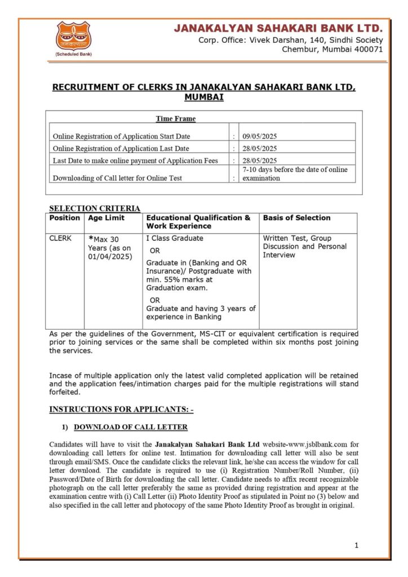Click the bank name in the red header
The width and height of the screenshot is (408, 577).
(x=278, y=28)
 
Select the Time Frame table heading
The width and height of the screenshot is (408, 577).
(x=176, y=119)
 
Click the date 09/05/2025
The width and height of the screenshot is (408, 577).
(x=260, y=136)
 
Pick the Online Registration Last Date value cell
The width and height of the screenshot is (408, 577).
(x=260, y=149)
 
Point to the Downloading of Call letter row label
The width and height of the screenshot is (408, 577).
(x=117, y=178)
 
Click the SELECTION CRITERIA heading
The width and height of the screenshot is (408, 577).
(x=95, y=208)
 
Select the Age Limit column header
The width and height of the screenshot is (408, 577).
(x=107, y=218)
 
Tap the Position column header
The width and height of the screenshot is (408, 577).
(x=65, y=218)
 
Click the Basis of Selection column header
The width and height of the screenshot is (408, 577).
(x=297, y=218)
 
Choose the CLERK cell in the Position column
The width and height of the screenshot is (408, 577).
(x=61, y=238)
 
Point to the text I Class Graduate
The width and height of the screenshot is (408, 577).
(x=175, y=238)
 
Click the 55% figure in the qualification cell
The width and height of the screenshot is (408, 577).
(x=174, y=279)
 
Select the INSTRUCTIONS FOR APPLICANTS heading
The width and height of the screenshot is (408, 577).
(x=121, y=409)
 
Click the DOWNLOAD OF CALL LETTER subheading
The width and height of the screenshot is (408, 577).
(x=131, y=427)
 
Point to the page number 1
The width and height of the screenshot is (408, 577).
(x=356, y=545)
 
